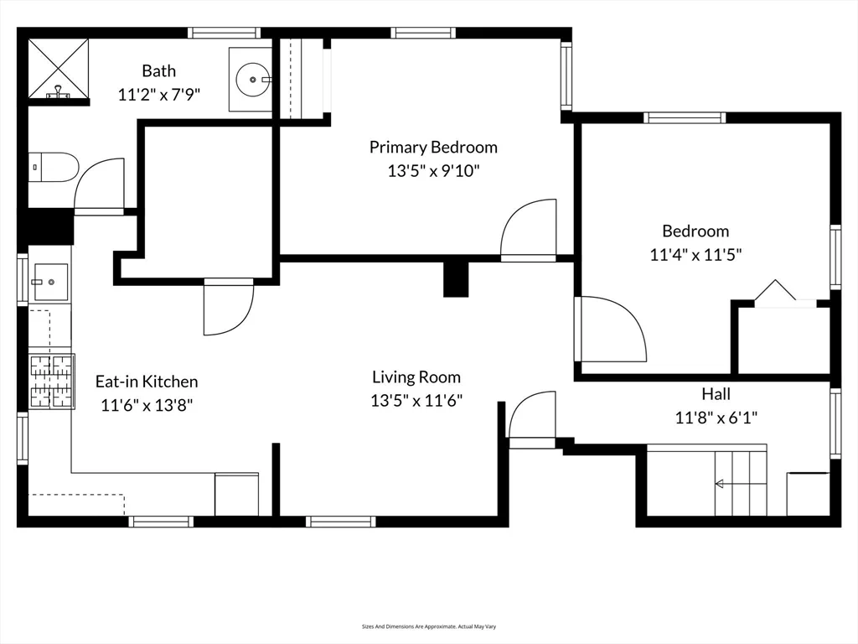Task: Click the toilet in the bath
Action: point(52,167)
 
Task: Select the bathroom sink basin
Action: point(251,80)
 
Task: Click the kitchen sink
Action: point(49,282)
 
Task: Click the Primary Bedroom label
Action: point(433,148)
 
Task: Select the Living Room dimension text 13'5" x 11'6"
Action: point(416,401)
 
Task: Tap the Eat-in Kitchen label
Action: point(147,382)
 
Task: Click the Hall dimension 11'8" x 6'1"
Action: point(716,417)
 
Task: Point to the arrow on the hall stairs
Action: point(719,483)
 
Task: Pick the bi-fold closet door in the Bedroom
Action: point(775,293)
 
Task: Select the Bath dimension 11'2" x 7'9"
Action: point(158,96)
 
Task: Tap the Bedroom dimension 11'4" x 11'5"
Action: point(695,255)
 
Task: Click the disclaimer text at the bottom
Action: point(429,626)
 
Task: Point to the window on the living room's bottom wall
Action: point(340,522)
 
